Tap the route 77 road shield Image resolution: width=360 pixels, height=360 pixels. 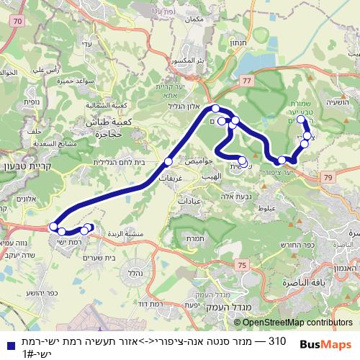(x=247, y=82)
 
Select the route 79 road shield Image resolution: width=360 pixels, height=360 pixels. (x=328, y=177)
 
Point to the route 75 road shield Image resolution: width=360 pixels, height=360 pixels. (x=241, y=266)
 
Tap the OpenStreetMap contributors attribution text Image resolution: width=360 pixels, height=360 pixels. (x=298, y=322)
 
